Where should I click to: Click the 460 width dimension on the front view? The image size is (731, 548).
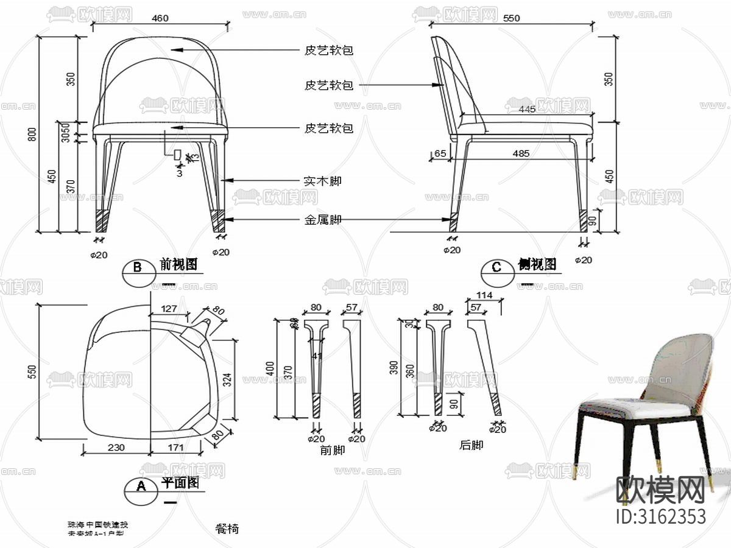tap(160, 18)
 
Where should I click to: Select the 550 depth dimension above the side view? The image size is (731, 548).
tap(512, 18)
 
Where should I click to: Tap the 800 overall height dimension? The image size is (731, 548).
tap(32, 134)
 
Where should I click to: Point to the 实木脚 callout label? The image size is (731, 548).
tap(322, 181)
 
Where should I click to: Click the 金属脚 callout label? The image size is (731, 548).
tap(322, 220)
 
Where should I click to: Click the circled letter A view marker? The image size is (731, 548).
tap(141, 486)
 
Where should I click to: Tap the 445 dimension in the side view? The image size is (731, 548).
tap(528, 109)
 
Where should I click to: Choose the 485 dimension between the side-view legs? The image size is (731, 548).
tap(521, 153)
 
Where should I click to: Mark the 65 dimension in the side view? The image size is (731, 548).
tap(439, 153)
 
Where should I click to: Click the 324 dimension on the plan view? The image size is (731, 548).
tap(227, 381)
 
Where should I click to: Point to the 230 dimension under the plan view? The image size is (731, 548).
tap(116, 448)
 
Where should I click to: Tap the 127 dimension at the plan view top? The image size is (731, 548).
tap(171, 309)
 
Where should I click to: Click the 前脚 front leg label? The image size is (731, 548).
tap(332, 450)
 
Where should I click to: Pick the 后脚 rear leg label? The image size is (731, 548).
tap(471, 445)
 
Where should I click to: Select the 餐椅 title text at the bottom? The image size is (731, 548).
tap(227, 529)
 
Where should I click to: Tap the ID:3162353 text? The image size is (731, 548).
tap(662, 516)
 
